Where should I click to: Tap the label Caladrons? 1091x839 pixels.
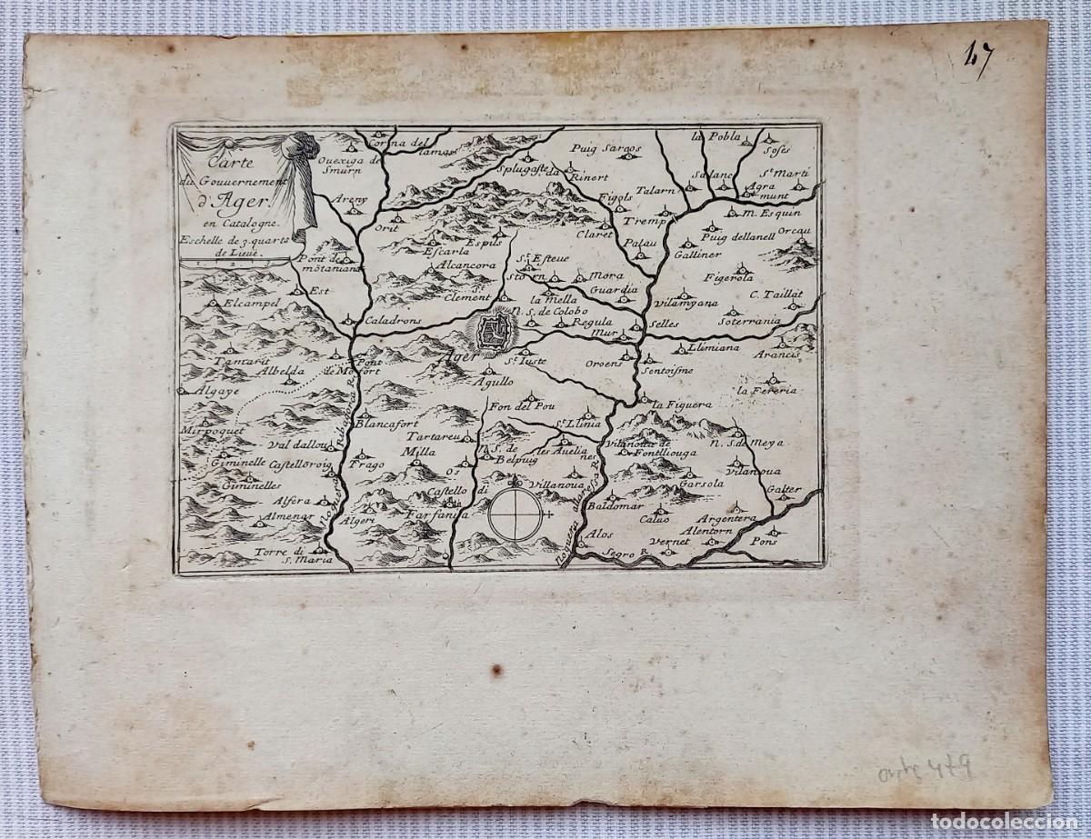[x=391, y=321]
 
